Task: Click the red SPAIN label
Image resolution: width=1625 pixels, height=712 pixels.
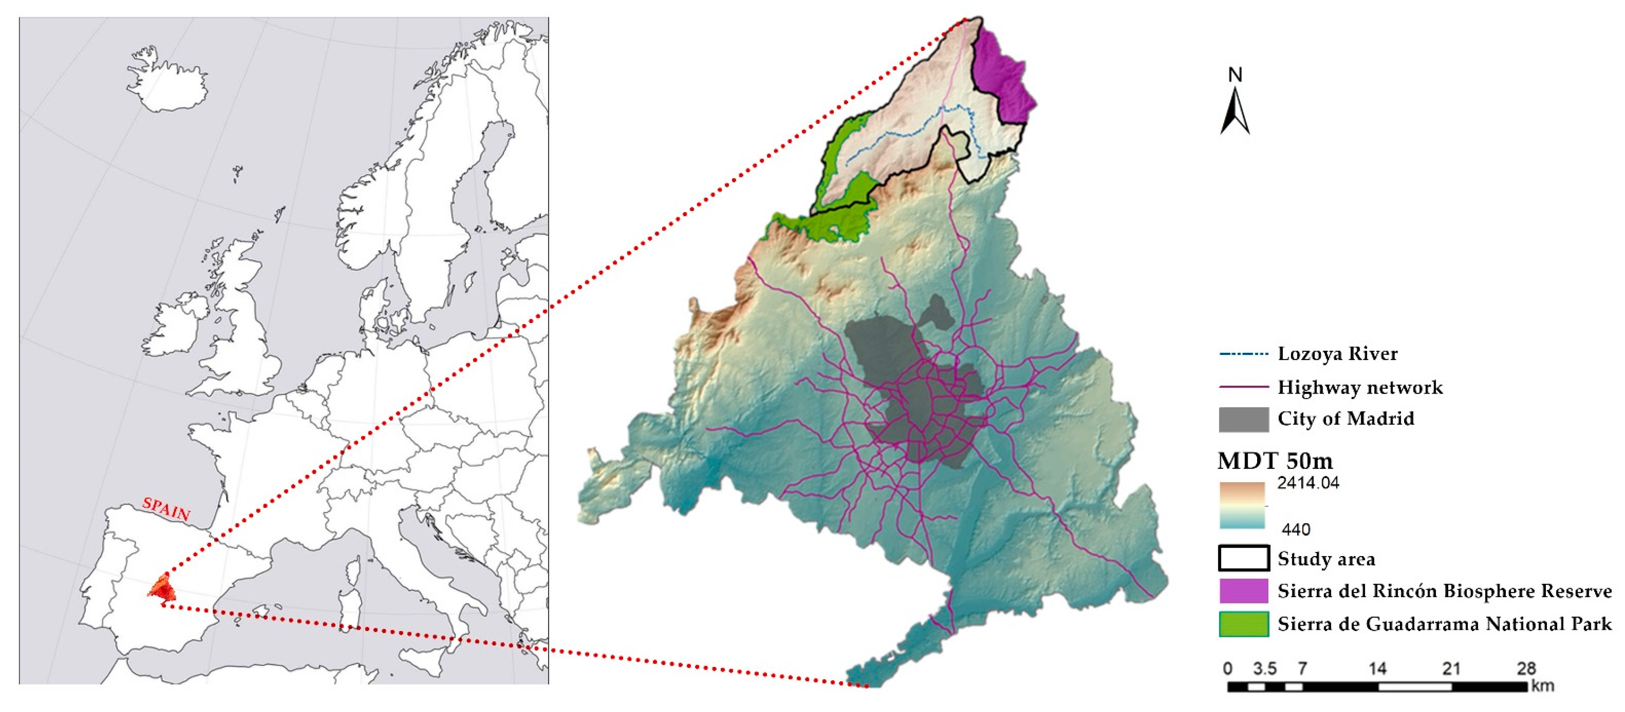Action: tap(166, 508)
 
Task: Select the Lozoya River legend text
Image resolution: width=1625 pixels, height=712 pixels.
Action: tap(1337, 354)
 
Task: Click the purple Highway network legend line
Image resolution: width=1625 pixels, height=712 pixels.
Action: tap(1244, 387)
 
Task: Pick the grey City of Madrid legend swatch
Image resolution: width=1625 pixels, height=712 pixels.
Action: tap(1244, 419)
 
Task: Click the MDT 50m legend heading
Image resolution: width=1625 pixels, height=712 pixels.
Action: tap(1275, 461)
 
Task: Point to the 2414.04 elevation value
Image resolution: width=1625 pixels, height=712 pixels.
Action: tap(1308, 483)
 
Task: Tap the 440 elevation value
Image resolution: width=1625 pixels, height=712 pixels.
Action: tap(1296, 529)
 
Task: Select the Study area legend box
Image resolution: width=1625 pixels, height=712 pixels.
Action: tap(1244, 559)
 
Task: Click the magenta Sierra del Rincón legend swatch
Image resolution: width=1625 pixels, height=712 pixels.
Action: tap(1244, 591)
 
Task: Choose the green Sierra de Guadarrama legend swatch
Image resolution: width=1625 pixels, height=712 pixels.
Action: tap(1244, 624)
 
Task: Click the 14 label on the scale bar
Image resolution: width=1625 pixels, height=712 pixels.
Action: tap(1377, 668)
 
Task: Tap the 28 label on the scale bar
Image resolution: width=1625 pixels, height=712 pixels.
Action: tap(1526, 668)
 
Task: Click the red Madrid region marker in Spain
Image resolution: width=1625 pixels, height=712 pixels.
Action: tap(163, 590)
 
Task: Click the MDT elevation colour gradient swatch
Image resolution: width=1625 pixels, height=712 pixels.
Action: tap(1242, 505)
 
